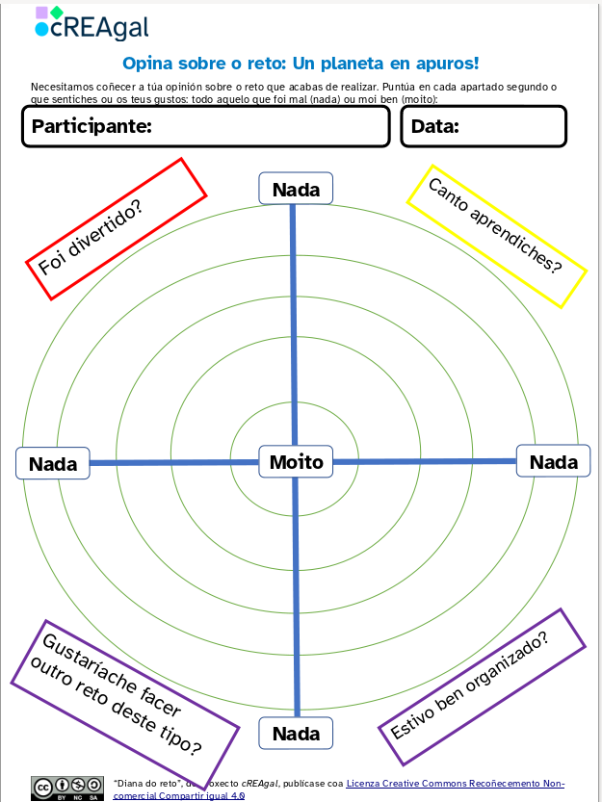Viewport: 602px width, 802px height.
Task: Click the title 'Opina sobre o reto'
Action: point(300,65)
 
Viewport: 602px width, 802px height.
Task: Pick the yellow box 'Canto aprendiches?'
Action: point(496,236)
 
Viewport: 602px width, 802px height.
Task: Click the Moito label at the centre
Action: point(296,461)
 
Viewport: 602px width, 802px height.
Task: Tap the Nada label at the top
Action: point(296,189)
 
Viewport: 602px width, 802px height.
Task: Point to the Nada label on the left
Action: point(53,463)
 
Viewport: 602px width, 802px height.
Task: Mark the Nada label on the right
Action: point(554,461)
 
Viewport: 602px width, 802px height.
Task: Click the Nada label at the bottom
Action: point(296,734)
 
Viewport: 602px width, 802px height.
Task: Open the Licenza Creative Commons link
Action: point(455,783)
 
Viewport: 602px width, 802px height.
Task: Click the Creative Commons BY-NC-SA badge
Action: point(67,787)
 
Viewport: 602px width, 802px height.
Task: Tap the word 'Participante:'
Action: point(92,126)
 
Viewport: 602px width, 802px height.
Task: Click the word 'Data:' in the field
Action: point(435,126)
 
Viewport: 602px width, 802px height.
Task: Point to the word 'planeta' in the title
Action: point(381,65)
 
